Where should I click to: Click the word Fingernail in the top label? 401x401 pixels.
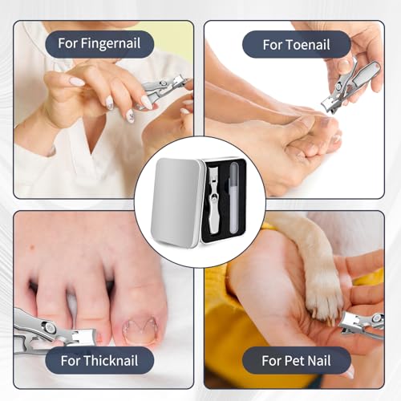111,43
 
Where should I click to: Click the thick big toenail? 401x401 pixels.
140,330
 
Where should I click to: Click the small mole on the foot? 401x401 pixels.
33,248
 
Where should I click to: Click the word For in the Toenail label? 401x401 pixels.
272,44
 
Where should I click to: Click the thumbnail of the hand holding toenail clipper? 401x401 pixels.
344,64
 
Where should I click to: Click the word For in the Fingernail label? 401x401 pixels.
67,43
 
